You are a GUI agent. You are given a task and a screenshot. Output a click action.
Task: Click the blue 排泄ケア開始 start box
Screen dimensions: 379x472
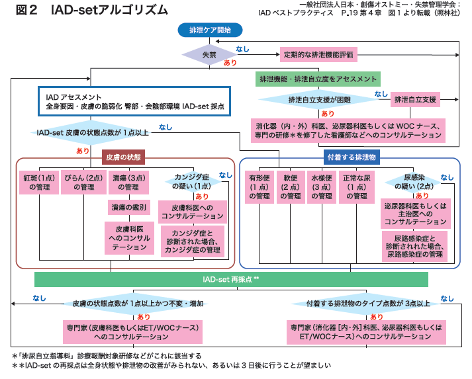pos(210,30)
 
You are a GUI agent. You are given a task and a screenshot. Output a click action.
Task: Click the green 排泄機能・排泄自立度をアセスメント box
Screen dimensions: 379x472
pos(318,79)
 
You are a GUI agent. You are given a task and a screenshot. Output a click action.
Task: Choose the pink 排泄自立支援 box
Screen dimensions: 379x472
pos(415,100)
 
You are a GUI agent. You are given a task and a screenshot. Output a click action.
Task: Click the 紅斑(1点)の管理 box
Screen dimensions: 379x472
pos(39,183)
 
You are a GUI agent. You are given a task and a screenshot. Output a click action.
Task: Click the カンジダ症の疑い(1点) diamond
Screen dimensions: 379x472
pos(193,183)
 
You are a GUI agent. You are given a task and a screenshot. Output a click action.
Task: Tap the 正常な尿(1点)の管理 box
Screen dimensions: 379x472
pos(359,187)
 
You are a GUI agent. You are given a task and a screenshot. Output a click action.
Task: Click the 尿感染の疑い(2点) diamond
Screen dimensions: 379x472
pos(418,183)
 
